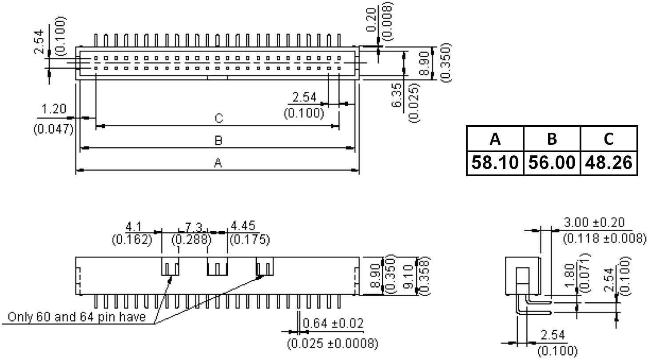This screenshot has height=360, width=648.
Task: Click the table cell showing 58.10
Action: point(495,163)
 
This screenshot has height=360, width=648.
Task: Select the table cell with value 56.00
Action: point(552,163)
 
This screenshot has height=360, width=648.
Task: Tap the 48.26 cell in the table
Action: point(608,163)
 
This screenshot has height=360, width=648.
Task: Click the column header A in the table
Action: point(495,139)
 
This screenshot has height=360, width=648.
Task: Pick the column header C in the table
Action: point(608,139)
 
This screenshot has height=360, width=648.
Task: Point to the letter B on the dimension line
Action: point(218,141)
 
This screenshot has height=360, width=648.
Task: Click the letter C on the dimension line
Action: point(218,119)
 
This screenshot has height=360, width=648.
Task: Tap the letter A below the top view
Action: point(218,163)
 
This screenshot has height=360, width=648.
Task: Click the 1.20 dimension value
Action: point(53,109)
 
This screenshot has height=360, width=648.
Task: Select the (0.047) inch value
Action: point(53,129)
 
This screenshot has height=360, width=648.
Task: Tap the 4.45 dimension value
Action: point(243,226)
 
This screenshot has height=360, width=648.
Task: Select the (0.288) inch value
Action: point(191,240)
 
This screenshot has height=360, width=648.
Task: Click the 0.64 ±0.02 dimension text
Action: point(332,323)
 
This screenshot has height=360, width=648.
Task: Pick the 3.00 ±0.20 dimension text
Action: point(594,222)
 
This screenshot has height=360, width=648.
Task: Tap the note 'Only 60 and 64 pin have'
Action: point(77,317)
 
